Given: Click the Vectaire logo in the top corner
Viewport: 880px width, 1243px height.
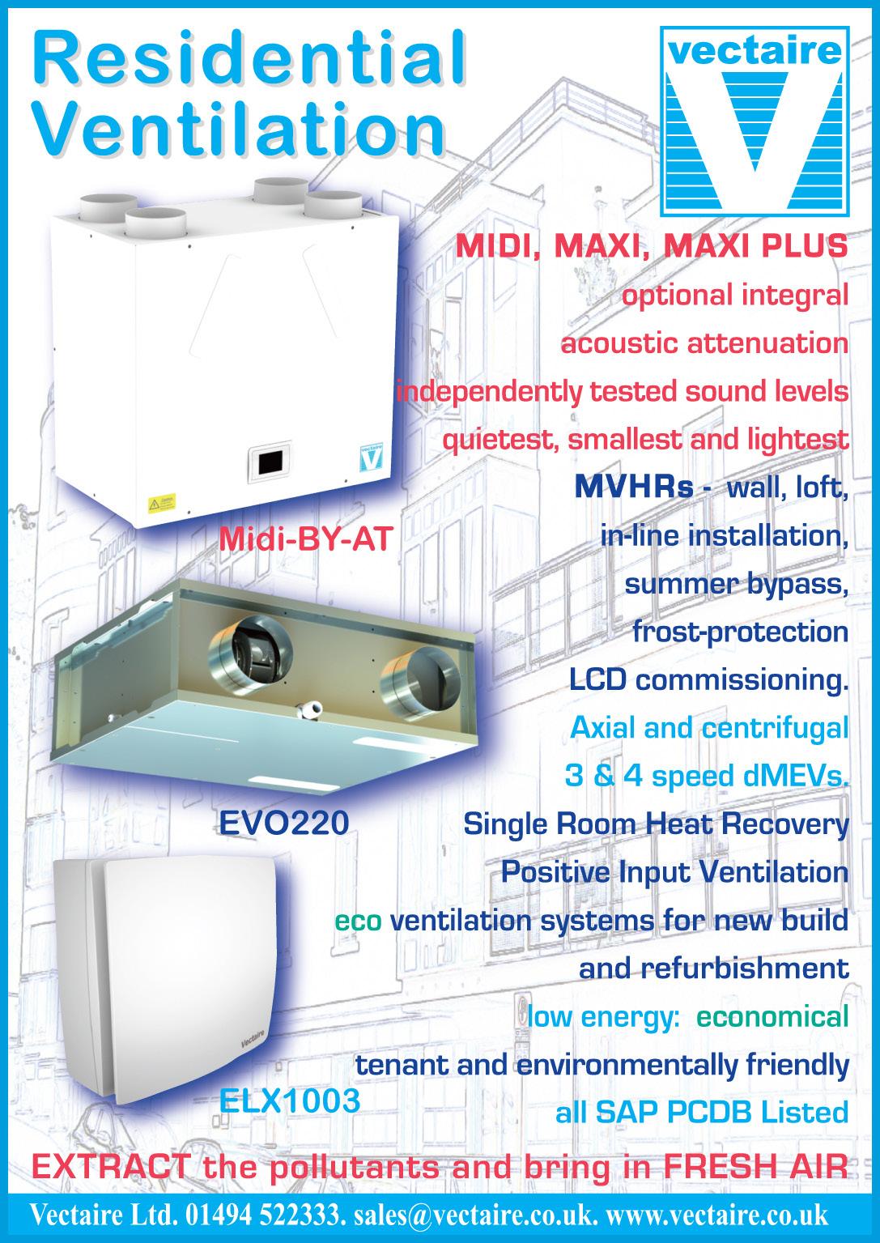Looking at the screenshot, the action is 750,121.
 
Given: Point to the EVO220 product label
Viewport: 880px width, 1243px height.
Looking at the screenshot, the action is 284,823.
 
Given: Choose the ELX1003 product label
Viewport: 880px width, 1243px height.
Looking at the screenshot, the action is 290,1101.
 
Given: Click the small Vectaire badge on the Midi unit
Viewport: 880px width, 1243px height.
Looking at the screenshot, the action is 369,455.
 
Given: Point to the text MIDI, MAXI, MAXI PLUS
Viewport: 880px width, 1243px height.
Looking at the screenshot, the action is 652,245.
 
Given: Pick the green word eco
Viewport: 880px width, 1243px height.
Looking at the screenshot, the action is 358,921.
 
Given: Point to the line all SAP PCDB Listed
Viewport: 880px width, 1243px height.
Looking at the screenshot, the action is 701,1113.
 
